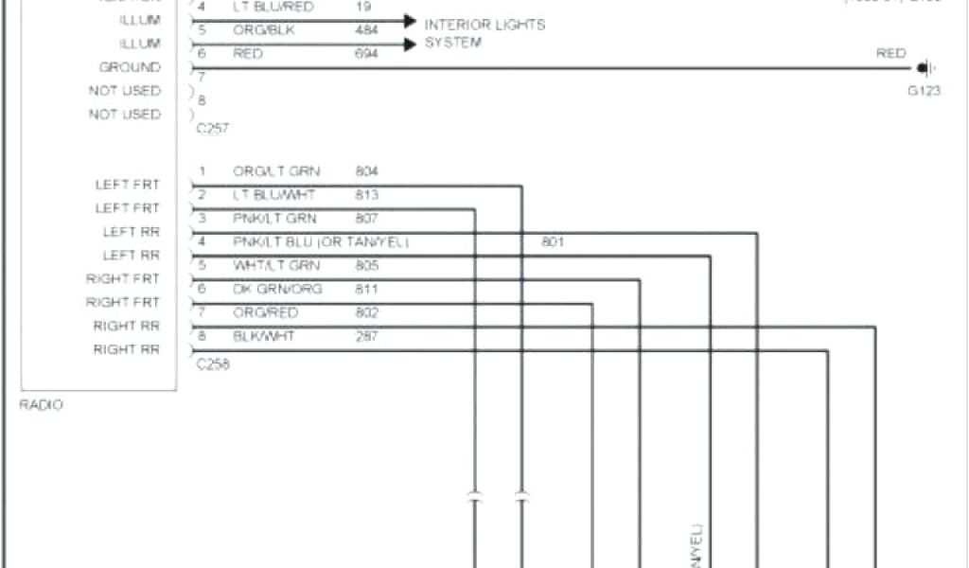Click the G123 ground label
[x=924, y=92]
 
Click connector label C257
[x=213, y=127]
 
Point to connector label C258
[x=213, y=364]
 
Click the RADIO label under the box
[x=42, y=404]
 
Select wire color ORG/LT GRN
[x=276, y=171]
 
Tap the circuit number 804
[x=367, y=171]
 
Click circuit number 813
[x=367, y=195]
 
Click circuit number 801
[x=553, y=242]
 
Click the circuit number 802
[x=367, y=312]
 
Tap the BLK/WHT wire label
[x=265, y=336]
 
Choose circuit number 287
[x=367, y=336]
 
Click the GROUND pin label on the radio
[x=130, y=67]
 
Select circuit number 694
[x=367, y=54]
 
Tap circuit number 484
[x=367, y=30]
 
